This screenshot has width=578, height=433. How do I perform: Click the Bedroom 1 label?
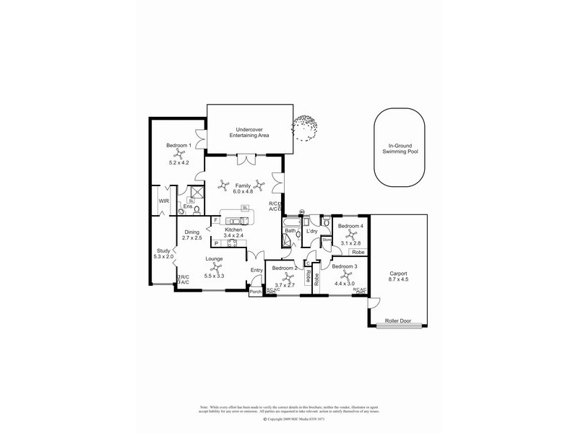click(x=178, y=146)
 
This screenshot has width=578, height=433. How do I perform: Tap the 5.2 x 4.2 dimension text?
click(x=178, y=162)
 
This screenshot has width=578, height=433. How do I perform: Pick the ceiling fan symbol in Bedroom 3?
click(x=344, y=274)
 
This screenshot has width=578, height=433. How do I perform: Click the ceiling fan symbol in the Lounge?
click(x=213, y=268)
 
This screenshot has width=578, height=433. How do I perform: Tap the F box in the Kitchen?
click(x=215, y=220)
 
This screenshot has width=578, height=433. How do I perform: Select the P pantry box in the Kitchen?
click(x=215, y=243)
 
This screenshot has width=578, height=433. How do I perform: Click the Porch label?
click(x=255, y=292)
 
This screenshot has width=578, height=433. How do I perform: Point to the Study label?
click(x=163, y=250)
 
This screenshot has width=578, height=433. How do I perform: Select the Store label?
click(x=326, y=240)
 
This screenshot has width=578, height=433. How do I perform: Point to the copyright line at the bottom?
click(x=288, y=419)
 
